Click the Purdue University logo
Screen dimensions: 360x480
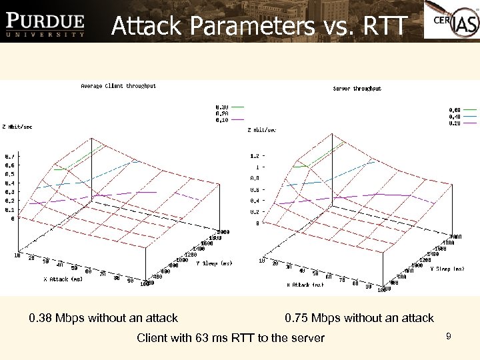(x=45, y=25)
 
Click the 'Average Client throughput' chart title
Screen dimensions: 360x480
(x=118, y=86)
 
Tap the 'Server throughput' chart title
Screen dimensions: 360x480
(x=357, y=89)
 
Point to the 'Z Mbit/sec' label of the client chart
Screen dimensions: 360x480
(x=17, y=126)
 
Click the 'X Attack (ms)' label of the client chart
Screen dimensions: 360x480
(x=63, y=279)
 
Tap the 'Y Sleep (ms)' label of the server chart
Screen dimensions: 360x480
(x=447, y=269)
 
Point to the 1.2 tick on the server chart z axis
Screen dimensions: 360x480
(x=254, y=156)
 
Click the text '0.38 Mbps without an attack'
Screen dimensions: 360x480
(x=103, y=318)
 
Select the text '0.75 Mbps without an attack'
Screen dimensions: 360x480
(x=359, y=318)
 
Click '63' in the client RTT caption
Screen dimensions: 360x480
(x=203, y=338)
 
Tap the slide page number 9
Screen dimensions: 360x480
(x=449, y=337)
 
